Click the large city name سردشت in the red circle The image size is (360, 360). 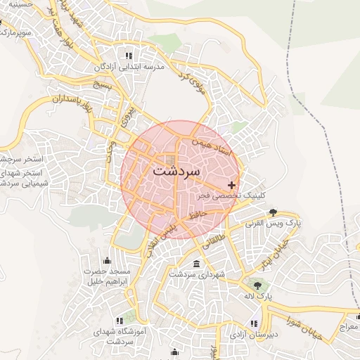[176, 171]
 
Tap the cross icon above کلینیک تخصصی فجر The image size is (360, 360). [232, 185]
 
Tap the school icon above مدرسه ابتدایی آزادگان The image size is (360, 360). [128, 56]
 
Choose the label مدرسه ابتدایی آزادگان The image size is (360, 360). [128, 68]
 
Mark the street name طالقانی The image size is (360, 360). [217, 240]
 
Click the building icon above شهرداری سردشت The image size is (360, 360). [195, 264]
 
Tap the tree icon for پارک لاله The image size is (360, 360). [258, 285]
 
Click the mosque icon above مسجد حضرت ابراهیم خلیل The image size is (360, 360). [107, 260]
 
